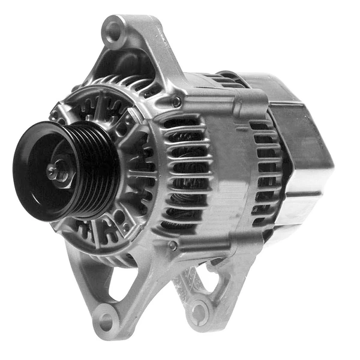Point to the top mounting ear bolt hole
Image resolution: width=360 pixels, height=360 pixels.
pos(113,30)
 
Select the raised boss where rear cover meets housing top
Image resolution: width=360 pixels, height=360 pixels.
pos(252,96)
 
